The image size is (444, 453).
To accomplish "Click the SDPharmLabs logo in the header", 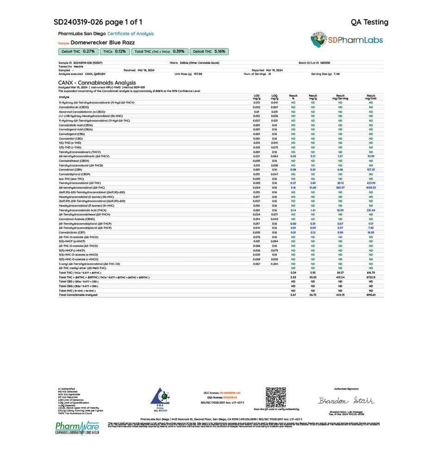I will [x=346, y=39].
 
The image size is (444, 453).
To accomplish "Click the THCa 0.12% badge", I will [x=114, y=51].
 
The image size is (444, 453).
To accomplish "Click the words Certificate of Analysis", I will [x=130, y=34].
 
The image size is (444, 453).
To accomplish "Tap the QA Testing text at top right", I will [x=370, y=22].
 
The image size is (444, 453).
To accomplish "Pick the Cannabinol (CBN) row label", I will [x=71, y=170].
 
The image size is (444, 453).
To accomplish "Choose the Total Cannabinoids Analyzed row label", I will [x=78, y=294].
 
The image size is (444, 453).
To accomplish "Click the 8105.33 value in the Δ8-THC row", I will [x=370, y=188].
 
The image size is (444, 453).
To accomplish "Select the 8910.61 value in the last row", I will [x=370, y=294].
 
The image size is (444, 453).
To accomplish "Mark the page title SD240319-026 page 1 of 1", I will [x=98, y=22].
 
